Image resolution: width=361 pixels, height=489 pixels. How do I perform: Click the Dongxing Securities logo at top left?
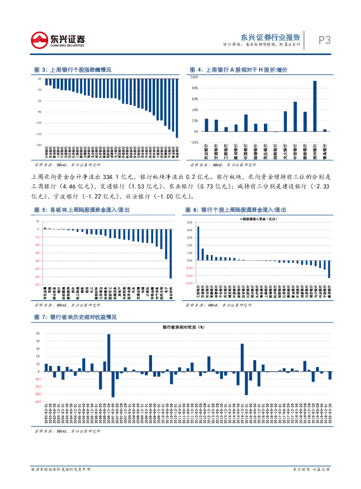(57, 40)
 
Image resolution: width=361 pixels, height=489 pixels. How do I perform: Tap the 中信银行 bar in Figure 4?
(295, 117)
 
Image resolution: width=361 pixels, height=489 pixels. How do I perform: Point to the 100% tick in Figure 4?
(195, 77)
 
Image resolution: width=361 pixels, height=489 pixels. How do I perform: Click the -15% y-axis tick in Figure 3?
(39, 134)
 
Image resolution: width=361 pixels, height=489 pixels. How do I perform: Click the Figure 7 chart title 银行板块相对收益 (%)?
(183, 327)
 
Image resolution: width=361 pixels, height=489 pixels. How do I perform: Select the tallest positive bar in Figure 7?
(109, 352)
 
